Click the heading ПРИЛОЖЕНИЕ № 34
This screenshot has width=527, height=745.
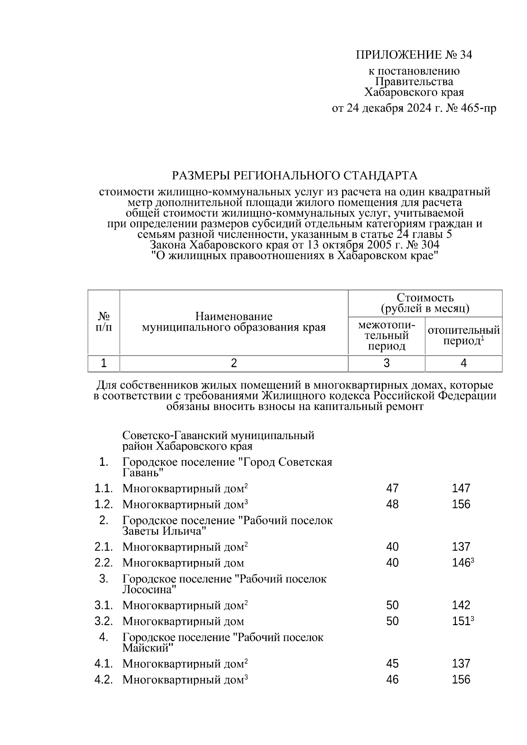tap(413, 55)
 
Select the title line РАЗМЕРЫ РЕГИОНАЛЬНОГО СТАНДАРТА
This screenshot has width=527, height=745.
tap(294, 176)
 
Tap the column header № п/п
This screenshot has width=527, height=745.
tap(104, 322)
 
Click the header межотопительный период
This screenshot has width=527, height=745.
tap(386, 336)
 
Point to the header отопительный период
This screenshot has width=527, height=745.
tap(464, 335)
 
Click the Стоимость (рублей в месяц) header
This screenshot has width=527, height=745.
tap(425, 303)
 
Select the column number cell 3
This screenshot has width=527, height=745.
tap(386, 364)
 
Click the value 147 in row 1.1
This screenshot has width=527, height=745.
tap(461, 488)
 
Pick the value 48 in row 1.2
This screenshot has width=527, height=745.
tap(392, 504)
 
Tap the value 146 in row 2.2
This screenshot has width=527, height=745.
tap(461, 563)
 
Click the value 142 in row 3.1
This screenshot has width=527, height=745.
tap(461, 605)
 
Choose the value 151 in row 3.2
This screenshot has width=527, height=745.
tap(461, 622)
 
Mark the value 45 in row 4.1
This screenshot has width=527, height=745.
tap(392, 664)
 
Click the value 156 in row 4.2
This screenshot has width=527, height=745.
tap(461, 680)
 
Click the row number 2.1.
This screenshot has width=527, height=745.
tap(104, 547)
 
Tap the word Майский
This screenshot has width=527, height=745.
tap(147, 648)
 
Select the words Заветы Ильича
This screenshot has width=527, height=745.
tap(164, 531)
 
